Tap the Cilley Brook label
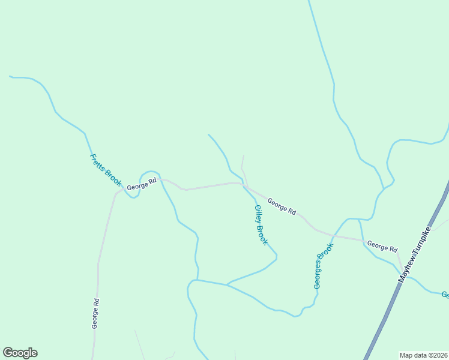click(261, 225)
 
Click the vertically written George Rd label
click(95, 313)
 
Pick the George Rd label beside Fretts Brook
click(141, 184)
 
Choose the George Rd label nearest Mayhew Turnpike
click(382, 247)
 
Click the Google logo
click(20, 353)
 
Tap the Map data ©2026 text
click(423, 355)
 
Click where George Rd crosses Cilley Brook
click(244, 186)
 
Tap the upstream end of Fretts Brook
click(10, 76)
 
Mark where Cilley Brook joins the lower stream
click(227, 284)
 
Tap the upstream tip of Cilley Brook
click(208, 134)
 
